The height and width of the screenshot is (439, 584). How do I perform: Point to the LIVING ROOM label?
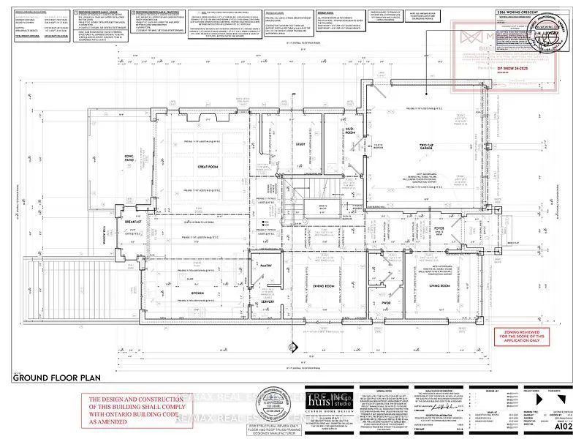[x=439, y=286]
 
